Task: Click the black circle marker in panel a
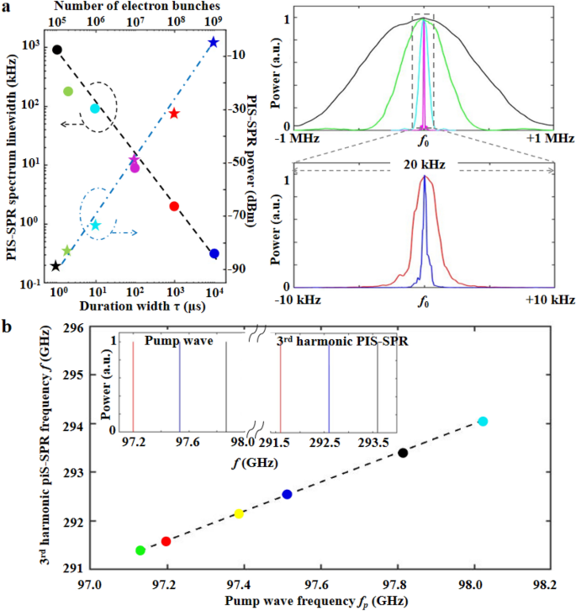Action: click(57, 50)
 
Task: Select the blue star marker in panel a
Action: click(214, 42)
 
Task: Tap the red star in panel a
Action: click(174, 114)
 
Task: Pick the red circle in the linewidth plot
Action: click(174, 206)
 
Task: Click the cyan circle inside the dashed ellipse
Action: click(95, 109)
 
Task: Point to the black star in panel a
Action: click(55, 266)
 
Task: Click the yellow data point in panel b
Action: click(239, 514)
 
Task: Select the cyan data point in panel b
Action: click(482, 422)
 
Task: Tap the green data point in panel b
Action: click(140, 550)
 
